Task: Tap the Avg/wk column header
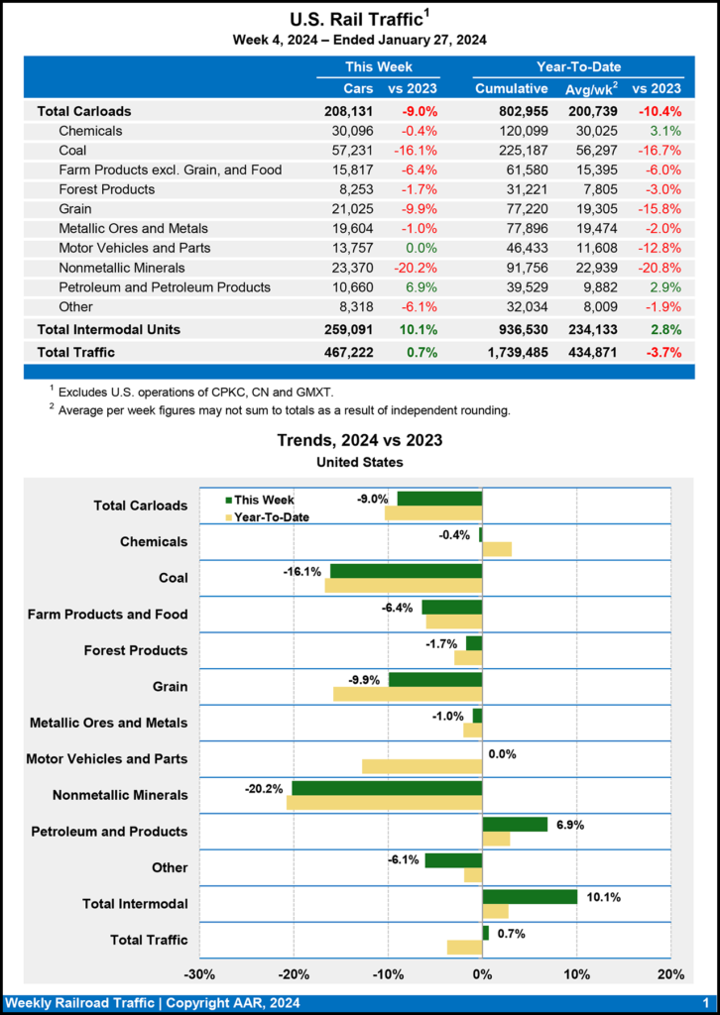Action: (592, 88)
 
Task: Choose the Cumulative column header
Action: (512, 88)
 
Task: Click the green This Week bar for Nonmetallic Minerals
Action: (387, 788)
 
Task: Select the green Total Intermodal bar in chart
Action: (530, 896)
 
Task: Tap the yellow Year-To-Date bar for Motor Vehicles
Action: (422, 766)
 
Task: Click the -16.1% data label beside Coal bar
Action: (302, 572)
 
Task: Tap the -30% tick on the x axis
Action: (200, 974)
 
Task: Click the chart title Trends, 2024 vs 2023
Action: (360, 440)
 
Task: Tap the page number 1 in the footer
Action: (704, 1003)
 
